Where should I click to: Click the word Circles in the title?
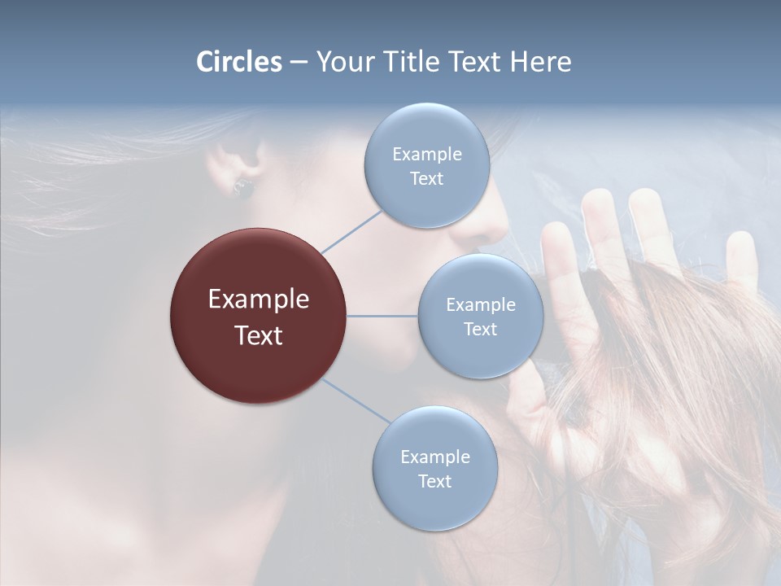(239, 62)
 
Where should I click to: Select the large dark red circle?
(259, 316)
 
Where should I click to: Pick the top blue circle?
(426, 166)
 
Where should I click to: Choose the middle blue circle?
(480, 316)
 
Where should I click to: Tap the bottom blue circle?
(434, 469)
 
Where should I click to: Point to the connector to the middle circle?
(382, 316)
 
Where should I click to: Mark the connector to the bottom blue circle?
(356, 401)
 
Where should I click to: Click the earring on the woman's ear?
(243, 189)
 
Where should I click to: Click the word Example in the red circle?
(259, 300)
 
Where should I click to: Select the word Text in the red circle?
(259, 335)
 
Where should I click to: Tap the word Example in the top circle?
(426, 155)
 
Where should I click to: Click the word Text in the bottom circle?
(434, 481)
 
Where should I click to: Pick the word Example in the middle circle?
(480, 305)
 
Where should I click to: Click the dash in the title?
(299, 62)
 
